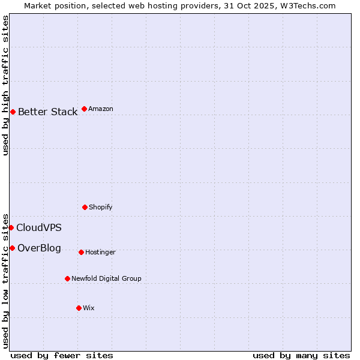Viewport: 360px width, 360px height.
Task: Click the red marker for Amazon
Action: (x=84, y=109)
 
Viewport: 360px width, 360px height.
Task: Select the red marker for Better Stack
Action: (x=13, y=112)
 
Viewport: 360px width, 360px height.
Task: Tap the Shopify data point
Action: (x=85, y=207)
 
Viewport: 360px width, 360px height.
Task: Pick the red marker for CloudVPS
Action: (x=11, y=227)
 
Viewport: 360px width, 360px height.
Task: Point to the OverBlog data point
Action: (x=12, y=248)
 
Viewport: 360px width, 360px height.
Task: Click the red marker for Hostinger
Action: (x=81, y=252)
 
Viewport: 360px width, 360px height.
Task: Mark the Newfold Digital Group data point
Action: (x=67, y=278)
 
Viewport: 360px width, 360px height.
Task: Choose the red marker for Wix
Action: (x=79, y=308)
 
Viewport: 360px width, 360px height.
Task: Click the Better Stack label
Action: (x=47, y=112)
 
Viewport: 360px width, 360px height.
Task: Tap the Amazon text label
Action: (x=101, y=109)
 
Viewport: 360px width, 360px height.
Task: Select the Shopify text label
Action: (x=101, y=207)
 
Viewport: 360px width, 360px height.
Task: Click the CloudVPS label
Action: (x=39, y=227)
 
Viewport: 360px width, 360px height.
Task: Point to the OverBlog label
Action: (x=39, y=248)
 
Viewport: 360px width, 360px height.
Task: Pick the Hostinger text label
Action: (x=100, y=252)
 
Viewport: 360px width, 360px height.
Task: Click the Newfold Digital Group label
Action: (x=107, y=278)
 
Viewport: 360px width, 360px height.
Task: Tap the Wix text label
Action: (x=89, y=308)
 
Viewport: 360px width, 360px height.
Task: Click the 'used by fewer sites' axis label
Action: (x=62, y=355)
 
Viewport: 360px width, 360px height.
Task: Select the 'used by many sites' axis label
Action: (x=301, y=355)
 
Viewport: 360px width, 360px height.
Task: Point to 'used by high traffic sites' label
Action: (x=5, y=85)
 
